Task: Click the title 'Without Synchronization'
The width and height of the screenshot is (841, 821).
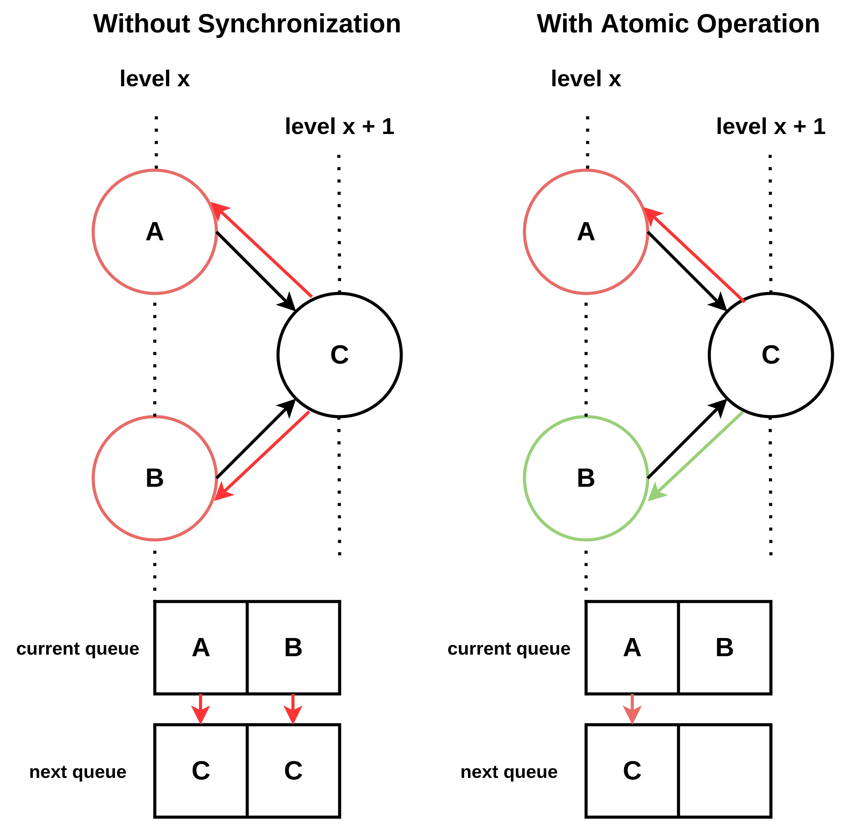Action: (247, 24)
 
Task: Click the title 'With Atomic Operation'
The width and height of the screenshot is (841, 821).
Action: (678, 24)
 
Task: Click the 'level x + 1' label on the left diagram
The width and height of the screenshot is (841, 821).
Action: (339, 126)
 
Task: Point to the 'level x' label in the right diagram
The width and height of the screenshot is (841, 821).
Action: (586, 79)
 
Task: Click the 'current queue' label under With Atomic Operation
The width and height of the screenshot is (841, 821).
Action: (509, 648)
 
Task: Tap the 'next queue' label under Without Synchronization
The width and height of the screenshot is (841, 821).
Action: (78, 771)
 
